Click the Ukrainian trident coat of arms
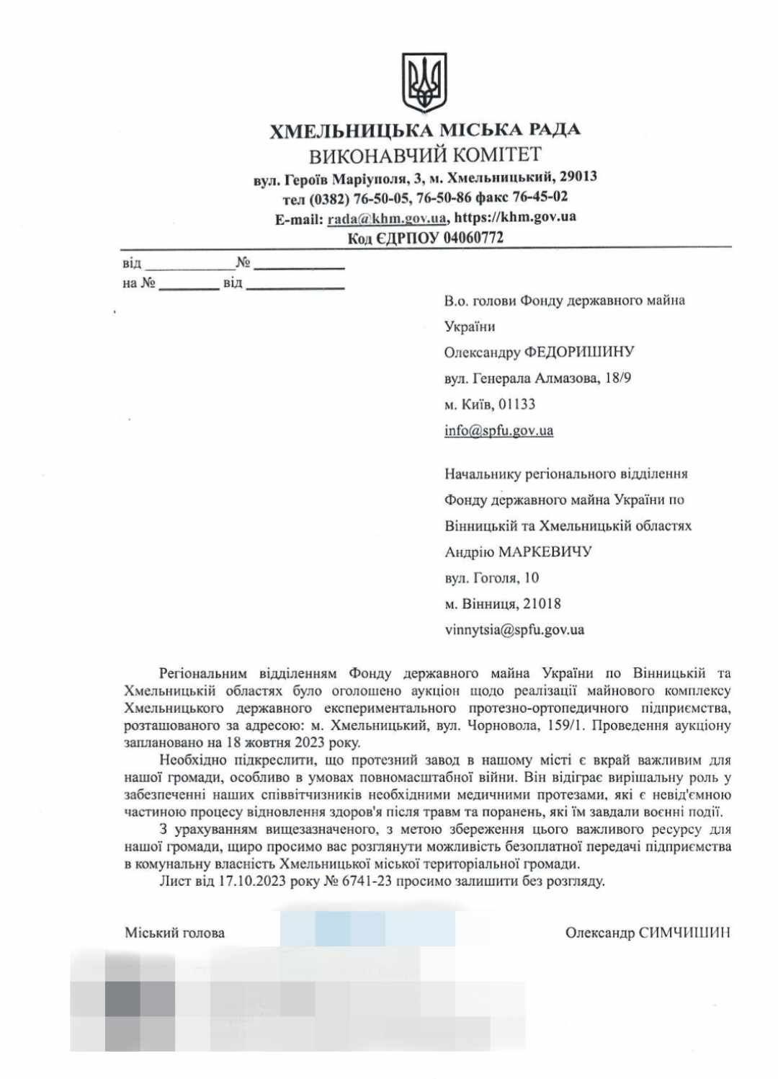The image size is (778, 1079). click(425, 83)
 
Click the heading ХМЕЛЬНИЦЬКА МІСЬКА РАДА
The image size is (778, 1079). click(425, 130)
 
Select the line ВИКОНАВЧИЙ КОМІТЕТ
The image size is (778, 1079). click(425, 154)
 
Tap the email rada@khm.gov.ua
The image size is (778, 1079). click(387, 218)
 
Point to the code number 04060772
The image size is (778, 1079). click(473, 238)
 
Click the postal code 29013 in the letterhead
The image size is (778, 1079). click(578, 177)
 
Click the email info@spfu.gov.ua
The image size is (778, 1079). click(498, 431)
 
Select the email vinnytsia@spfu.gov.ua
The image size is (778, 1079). click(514, 630)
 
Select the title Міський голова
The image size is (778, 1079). click(174, 933)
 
